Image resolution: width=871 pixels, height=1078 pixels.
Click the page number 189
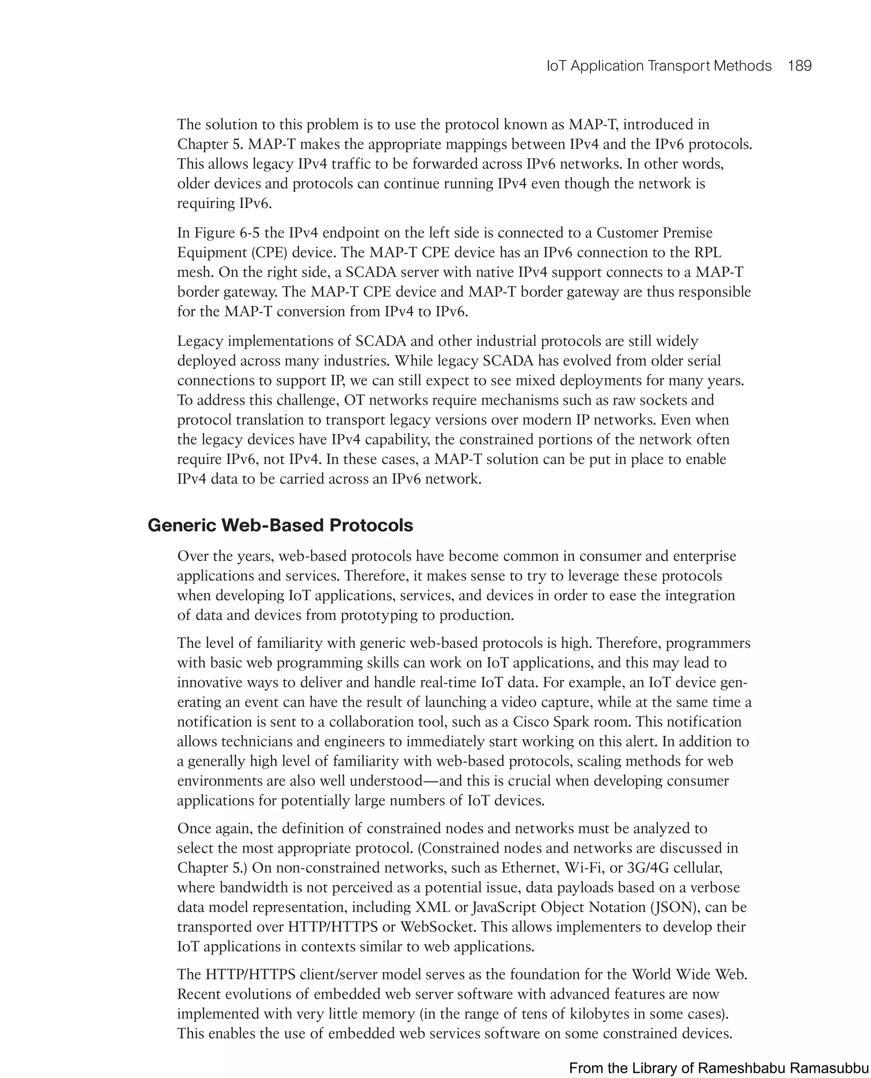click(x=799, y=66)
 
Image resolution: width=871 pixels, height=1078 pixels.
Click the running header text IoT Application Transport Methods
click(x=659, y=66)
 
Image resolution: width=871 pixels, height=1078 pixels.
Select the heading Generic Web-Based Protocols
click(x=280, y=525)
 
